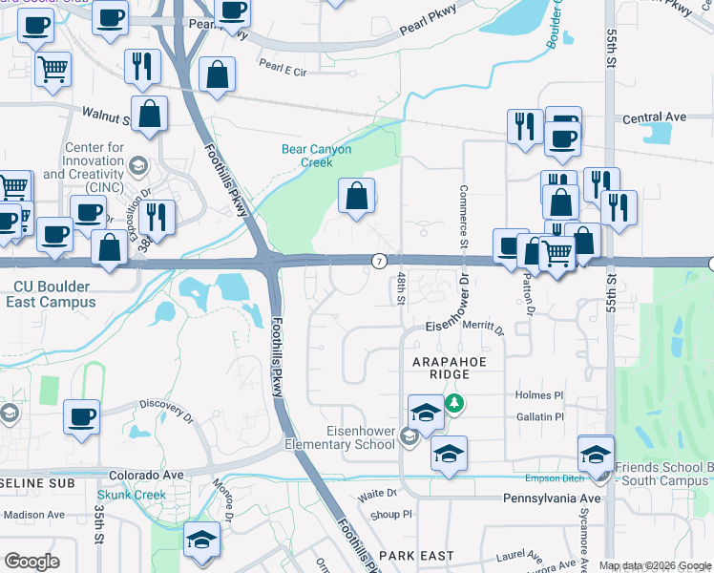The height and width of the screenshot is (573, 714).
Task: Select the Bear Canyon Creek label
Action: tap(316, 156)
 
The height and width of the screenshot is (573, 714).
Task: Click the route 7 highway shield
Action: tap(379, 261)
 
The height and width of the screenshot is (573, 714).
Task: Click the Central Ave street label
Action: tap(654, 117)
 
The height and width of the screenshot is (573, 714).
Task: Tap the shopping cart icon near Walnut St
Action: tap(52, 68)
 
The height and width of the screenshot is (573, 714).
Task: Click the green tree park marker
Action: tap(456, 404)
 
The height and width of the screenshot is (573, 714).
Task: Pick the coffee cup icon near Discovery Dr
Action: tap(82, 416)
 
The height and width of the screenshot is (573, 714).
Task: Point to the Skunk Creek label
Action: tap(131, 495)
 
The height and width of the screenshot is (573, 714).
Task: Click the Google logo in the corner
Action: tap(31, 562)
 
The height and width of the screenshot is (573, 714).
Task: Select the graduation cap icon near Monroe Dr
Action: tap(201, 541)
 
